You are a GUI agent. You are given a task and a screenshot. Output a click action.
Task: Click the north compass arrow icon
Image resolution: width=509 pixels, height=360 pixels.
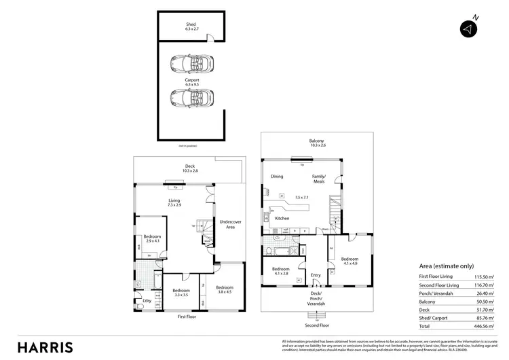pos(468,29)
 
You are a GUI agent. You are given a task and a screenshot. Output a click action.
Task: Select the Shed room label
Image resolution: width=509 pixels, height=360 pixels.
pos(191,27)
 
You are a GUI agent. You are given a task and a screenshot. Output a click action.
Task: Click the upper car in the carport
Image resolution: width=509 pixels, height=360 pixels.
pos(192,65)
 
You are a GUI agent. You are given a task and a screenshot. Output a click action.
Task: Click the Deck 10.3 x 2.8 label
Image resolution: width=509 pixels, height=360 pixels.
pos(190,168)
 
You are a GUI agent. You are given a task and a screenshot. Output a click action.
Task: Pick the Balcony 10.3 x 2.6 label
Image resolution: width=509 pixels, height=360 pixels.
pos(318,143)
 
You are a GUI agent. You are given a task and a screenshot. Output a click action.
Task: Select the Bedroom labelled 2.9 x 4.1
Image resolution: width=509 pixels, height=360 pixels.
pos(151,238)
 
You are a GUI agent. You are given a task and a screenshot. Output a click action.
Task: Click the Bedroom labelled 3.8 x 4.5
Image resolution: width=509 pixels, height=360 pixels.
pos(225,289)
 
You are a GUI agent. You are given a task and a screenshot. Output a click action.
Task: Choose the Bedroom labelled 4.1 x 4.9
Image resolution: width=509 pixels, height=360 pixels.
pos(350,261)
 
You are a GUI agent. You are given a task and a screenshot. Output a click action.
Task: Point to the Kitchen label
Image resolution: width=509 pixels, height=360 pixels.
pos(282,218)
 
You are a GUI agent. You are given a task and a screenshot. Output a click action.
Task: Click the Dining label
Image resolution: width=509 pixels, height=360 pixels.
pos(276,177)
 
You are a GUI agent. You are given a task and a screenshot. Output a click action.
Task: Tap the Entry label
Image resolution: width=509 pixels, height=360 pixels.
pos(316,275)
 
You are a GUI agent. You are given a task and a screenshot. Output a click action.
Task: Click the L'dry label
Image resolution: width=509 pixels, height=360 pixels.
pos(146,300)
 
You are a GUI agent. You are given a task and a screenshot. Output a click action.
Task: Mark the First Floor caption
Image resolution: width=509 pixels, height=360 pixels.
pos(188,317)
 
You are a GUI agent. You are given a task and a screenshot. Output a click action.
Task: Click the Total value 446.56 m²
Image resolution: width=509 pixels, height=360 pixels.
pos(487,325)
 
